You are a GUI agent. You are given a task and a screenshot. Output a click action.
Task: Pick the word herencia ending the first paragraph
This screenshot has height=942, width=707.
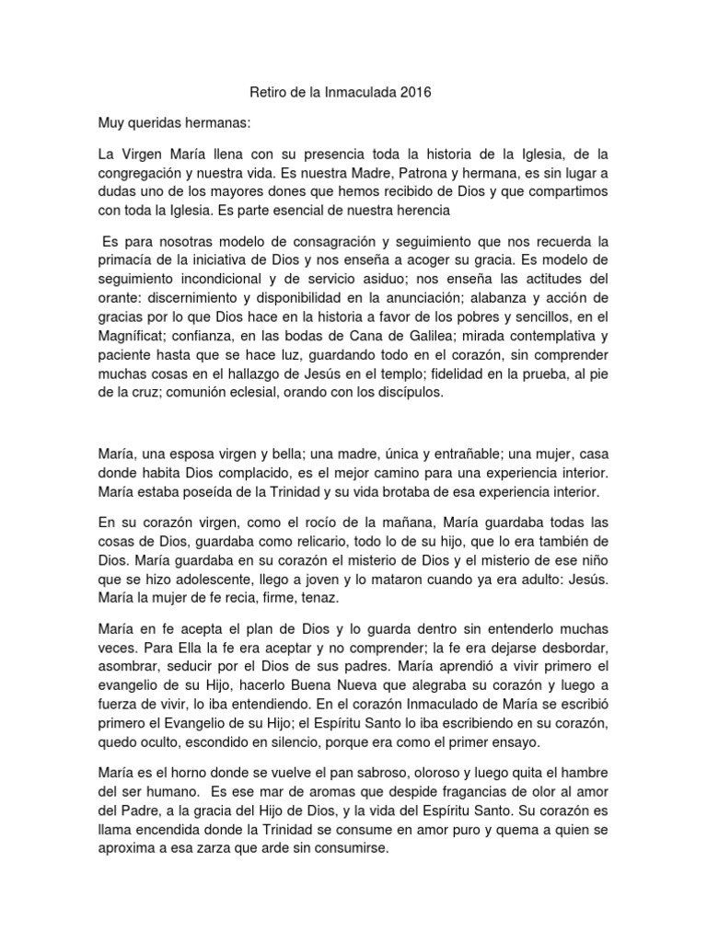pyautogui.click(x=418, y=211)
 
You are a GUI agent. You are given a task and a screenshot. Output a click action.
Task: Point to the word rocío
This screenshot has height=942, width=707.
pyautogui.click(x=305, y=522)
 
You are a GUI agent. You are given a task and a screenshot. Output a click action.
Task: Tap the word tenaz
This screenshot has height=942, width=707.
pyautogui.click(x=323, y=598)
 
